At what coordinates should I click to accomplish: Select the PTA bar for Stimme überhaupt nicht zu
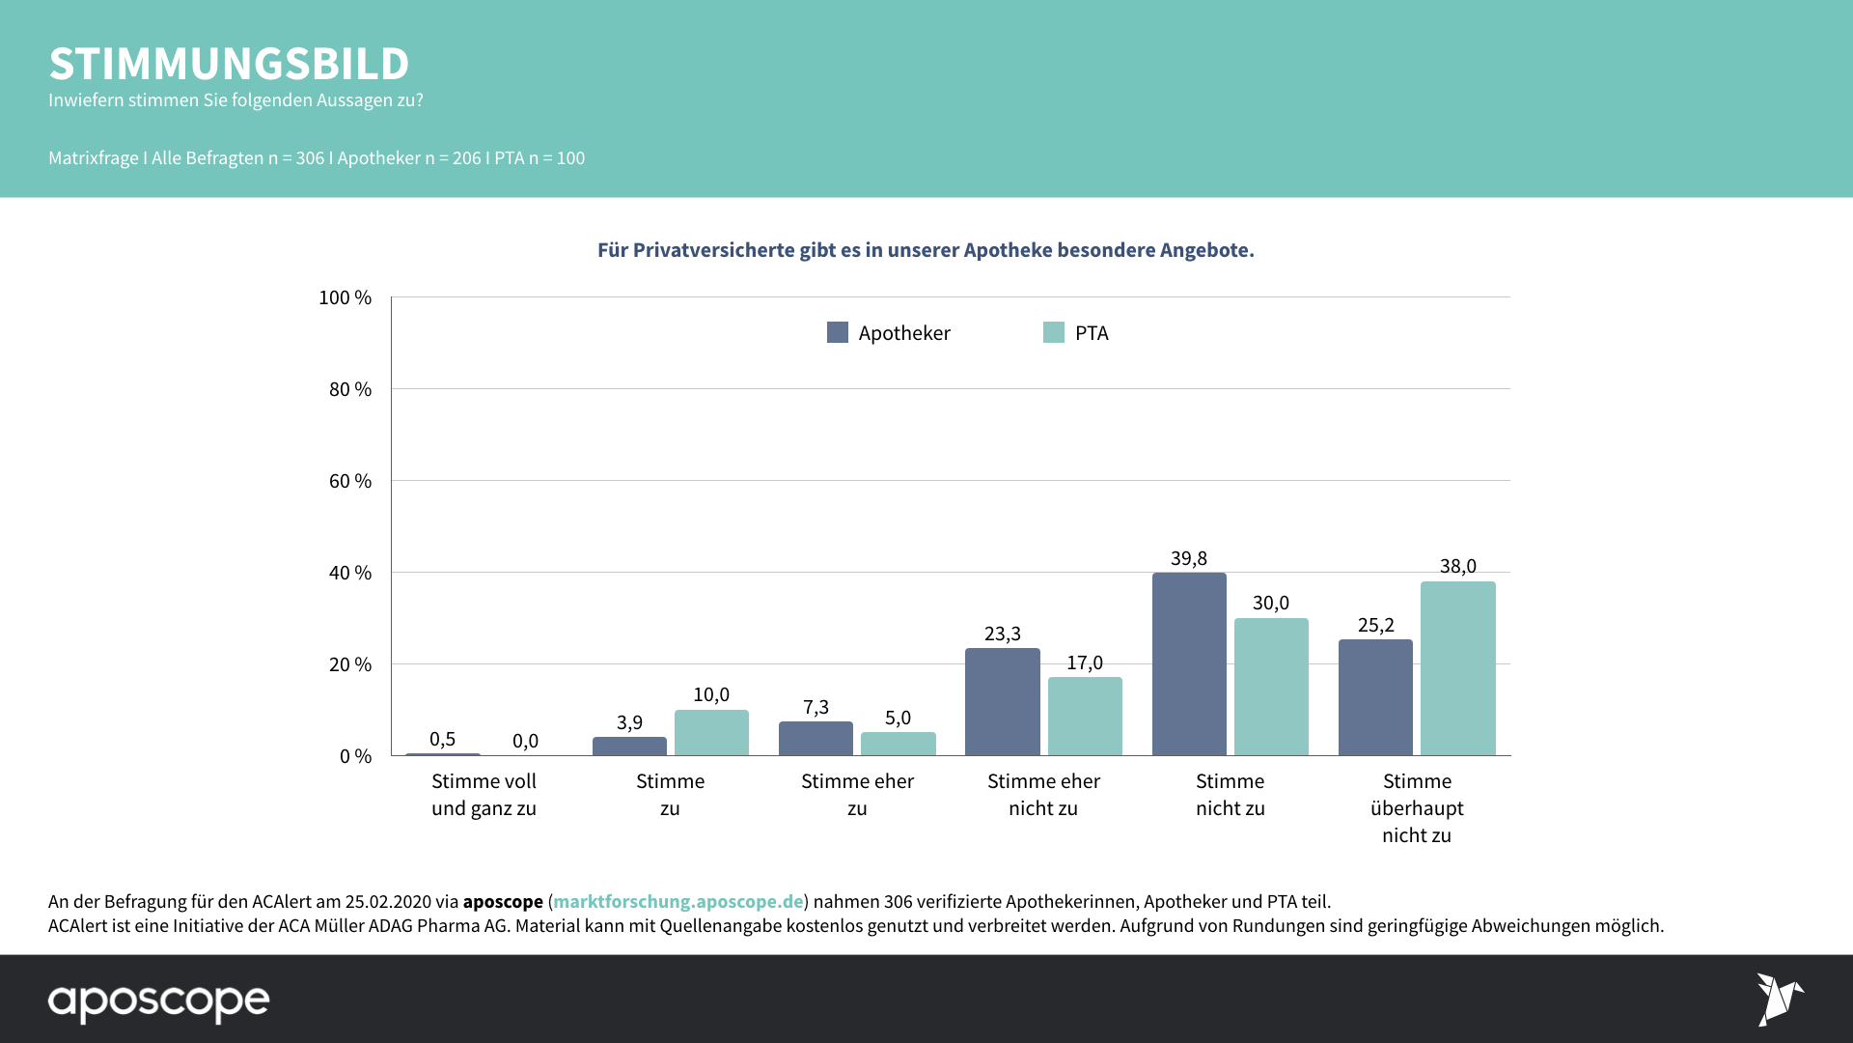coord(1457,668)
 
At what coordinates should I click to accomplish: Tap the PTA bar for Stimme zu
coord(711,733)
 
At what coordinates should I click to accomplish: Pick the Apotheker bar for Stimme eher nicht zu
coord(1002,702)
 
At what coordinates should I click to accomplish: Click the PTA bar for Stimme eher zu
coord(898,744)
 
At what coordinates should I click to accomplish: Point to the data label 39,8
coord(1189,558)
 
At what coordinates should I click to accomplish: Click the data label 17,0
coord(1085,662)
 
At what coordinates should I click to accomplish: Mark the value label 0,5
coord(442,739)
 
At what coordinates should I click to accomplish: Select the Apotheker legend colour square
coord(838,332)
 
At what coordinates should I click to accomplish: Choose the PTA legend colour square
coord(1054,332)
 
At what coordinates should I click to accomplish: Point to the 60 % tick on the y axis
coord(350,481)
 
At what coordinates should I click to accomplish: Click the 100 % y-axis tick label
coord(346,297)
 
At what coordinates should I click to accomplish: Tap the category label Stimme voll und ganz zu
coord(484,795)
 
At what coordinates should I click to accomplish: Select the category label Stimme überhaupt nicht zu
coord(1417,808)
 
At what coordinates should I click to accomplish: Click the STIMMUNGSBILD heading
coord(230,64)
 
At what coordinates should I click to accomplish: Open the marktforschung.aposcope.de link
coord(678,901)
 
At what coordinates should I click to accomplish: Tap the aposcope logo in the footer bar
coord(159,1001)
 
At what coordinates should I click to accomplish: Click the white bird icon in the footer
coord(1779,999)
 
